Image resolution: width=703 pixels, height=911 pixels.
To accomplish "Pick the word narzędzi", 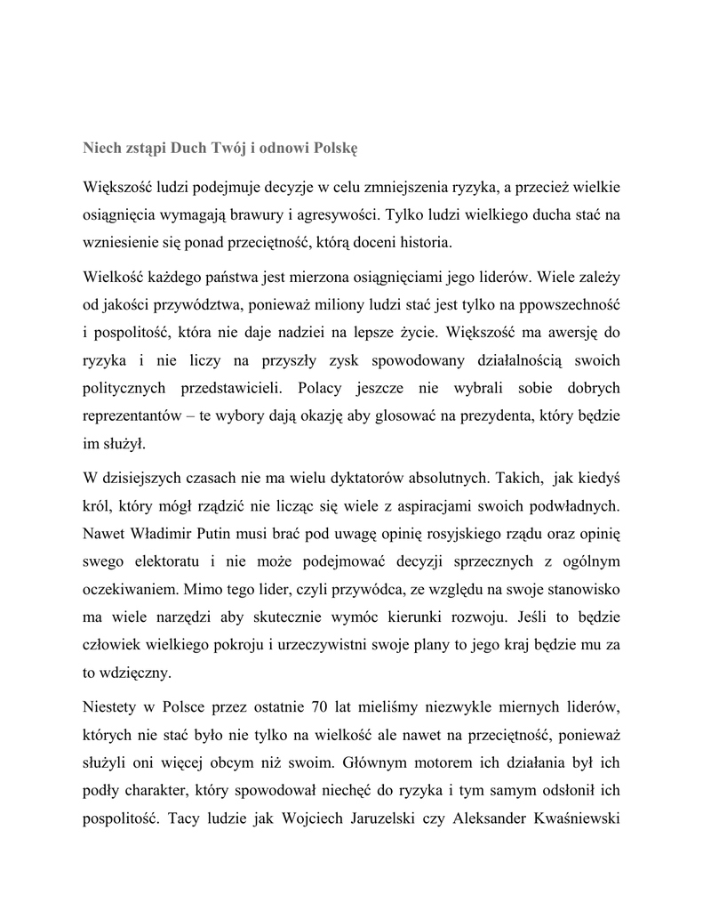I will coord(189,617).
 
